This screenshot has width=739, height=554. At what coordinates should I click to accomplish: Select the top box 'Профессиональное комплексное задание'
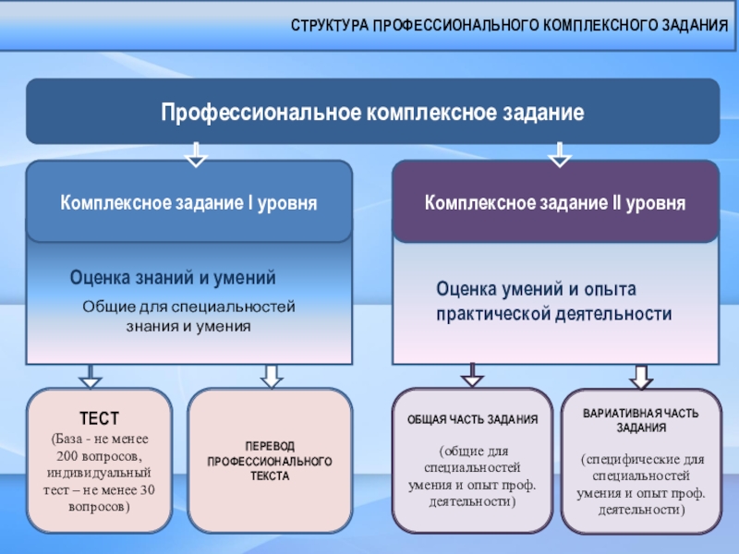372,113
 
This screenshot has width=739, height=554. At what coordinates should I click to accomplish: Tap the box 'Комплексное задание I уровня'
188,202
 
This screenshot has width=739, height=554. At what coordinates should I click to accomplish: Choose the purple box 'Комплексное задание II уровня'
555,202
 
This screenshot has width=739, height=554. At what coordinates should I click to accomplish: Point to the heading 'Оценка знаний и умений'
173,278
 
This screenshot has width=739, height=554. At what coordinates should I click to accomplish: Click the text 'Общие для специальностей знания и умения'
188,317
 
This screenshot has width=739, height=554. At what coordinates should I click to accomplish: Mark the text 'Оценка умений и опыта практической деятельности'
553,302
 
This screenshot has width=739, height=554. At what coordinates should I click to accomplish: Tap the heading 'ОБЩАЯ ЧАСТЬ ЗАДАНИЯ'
473,419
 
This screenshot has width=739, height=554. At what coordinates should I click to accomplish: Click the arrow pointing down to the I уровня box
196,153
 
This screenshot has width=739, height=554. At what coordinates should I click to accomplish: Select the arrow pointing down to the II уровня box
560,153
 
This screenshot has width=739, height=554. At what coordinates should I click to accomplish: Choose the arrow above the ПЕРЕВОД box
271,375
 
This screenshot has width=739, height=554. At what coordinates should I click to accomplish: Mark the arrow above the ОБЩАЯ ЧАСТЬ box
472,375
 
